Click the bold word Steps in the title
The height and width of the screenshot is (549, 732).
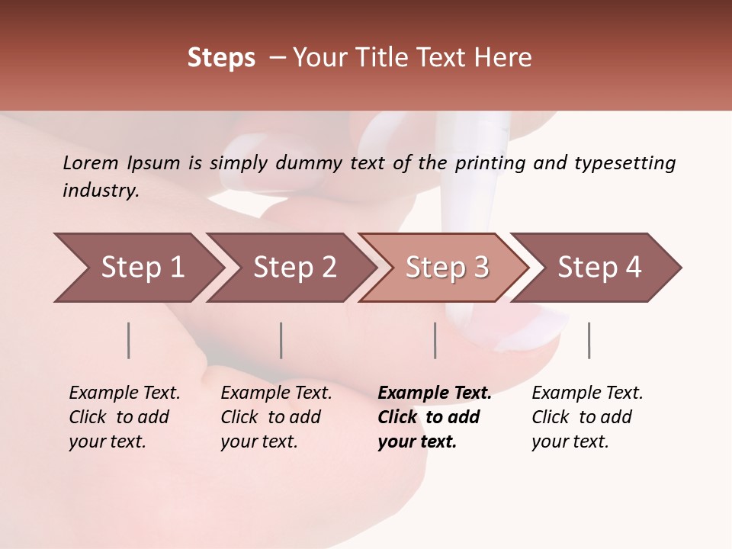click(x=221, y=57)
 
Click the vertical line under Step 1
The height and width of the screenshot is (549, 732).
click(x=129, y=340)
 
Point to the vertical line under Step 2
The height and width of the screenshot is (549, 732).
click(x=281, y=340)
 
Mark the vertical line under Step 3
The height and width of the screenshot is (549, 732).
click(x=435, y=340)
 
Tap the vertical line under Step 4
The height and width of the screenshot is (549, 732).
click(x=589, y=340)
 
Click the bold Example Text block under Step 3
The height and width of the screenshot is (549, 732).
click(x=434, y=417)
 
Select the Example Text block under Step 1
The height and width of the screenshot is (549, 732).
click(x=124, y=417)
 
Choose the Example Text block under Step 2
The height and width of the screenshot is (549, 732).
click(x=276, y=417)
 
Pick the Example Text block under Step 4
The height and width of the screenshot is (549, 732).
click(x=586, y=417)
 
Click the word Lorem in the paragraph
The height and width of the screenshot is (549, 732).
click(x=90, y=162)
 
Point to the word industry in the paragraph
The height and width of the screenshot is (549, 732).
click(x=101, y=191)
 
